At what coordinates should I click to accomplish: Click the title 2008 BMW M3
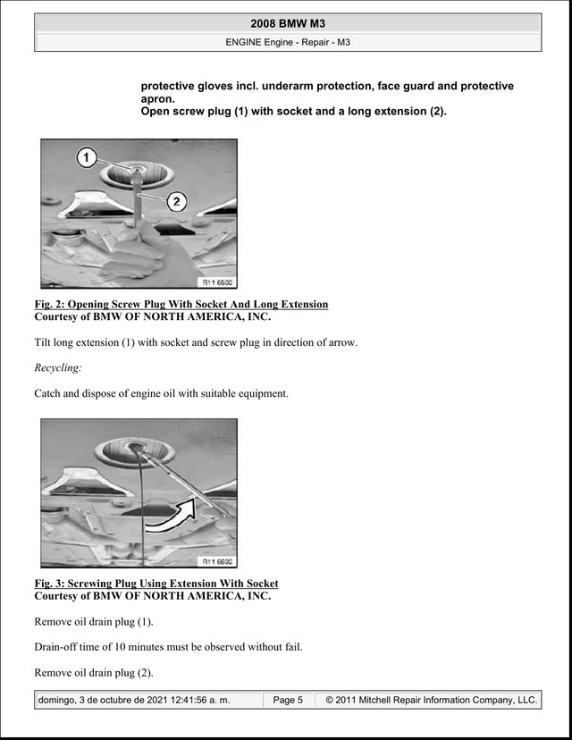coord(288,23)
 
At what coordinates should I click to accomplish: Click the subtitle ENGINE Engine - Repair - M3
coord(288,42)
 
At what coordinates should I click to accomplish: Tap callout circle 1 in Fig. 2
coord(87,157)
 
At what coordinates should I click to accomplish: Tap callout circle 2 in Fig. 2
coord(176,201)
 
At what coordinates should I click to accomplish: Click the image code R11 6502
coord(217,282)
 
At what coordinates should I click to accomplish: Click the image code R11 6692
coord(217,561)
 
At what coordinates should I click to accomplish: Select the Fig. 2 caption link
coord(181,304)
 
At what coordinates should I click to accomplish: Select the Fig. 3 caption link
coord(156,584)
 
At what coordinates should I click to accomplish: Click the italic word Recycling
coord(57,367)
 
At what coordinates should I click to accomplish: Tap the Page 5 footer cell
coord(288,700)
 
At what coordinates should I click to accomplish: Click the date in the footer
coord(134,700)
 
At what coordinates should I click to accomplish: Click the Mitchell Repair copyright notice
coord(432,700)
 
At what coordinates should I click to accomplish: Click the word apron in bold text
coord(157,99)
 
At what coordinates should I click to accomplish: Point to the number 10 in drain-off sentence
coord(120,646)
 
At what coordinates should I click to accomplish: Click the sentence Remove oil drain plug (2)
coord(94,672)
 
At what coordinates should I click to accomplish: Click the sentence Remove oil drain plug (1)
coord(94,621)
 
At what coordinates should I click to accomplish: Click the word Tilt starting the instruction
coord(42,342)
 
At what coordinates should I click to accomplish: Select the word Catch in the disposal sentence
coord(46,393)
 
